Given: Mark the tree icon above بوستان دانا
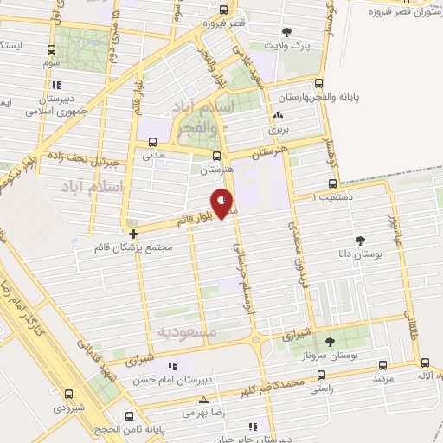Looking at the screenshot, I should (360, 241).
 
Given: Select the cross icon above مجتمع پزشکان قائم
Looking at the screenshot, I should (132, 234).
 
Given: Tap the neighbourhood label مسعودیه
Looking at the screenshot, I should (185, 331).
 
